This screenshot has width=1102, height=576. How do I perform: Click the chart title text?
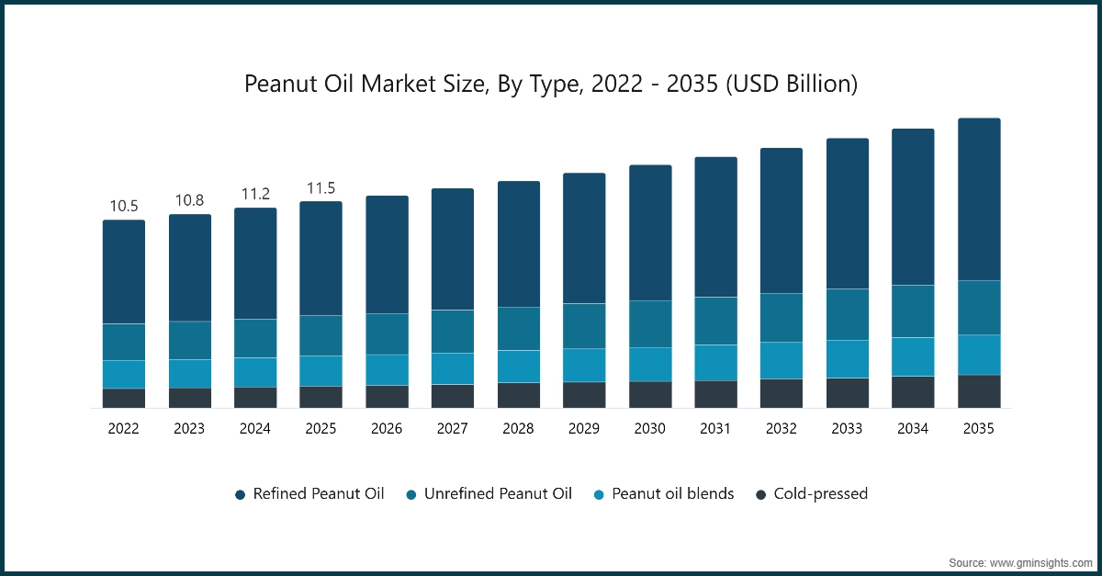pos(551,85)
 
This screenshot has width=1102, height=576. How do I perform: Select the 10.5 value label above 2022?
pos(124,206)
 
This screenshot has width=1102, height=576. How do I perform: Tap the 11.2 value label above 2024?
pos(255,194)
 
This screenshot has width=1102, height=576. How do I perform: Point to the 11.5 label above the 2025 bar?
pos(321,187)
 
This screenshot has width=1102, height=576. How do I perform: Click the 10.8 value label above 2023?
pos(190,200)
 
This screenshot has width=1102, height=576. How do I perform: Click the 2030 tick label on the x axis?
pos(650,428)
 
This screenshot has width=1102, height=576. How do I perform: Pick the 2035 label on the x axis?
pos(979,428)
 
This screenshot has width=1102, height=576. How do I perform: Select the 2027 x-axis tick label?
pos(453,428)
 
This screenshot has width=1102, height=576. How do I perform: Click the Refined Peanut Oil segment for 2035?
pos(979,199)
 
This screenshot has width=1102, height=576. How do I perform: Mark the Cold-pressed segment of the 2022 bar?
pos(124,398)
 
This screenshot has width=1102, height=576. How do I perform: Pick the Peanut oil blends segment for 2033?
pos(848,359)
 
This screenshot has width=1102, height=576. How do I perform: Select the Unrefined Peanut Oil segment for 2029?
pos(584,326)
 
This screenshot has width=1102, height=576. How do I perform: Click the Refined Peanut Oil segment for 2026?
pos(387,254)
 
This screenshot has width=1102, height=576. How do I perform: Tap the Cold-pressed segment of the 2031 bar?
pos(715,394)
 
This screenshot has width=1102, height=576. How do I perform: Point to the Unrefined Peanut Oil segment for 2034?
pos(913,311)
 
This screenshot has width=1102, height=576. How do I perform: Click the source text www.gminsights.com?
pos(1018,560)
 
